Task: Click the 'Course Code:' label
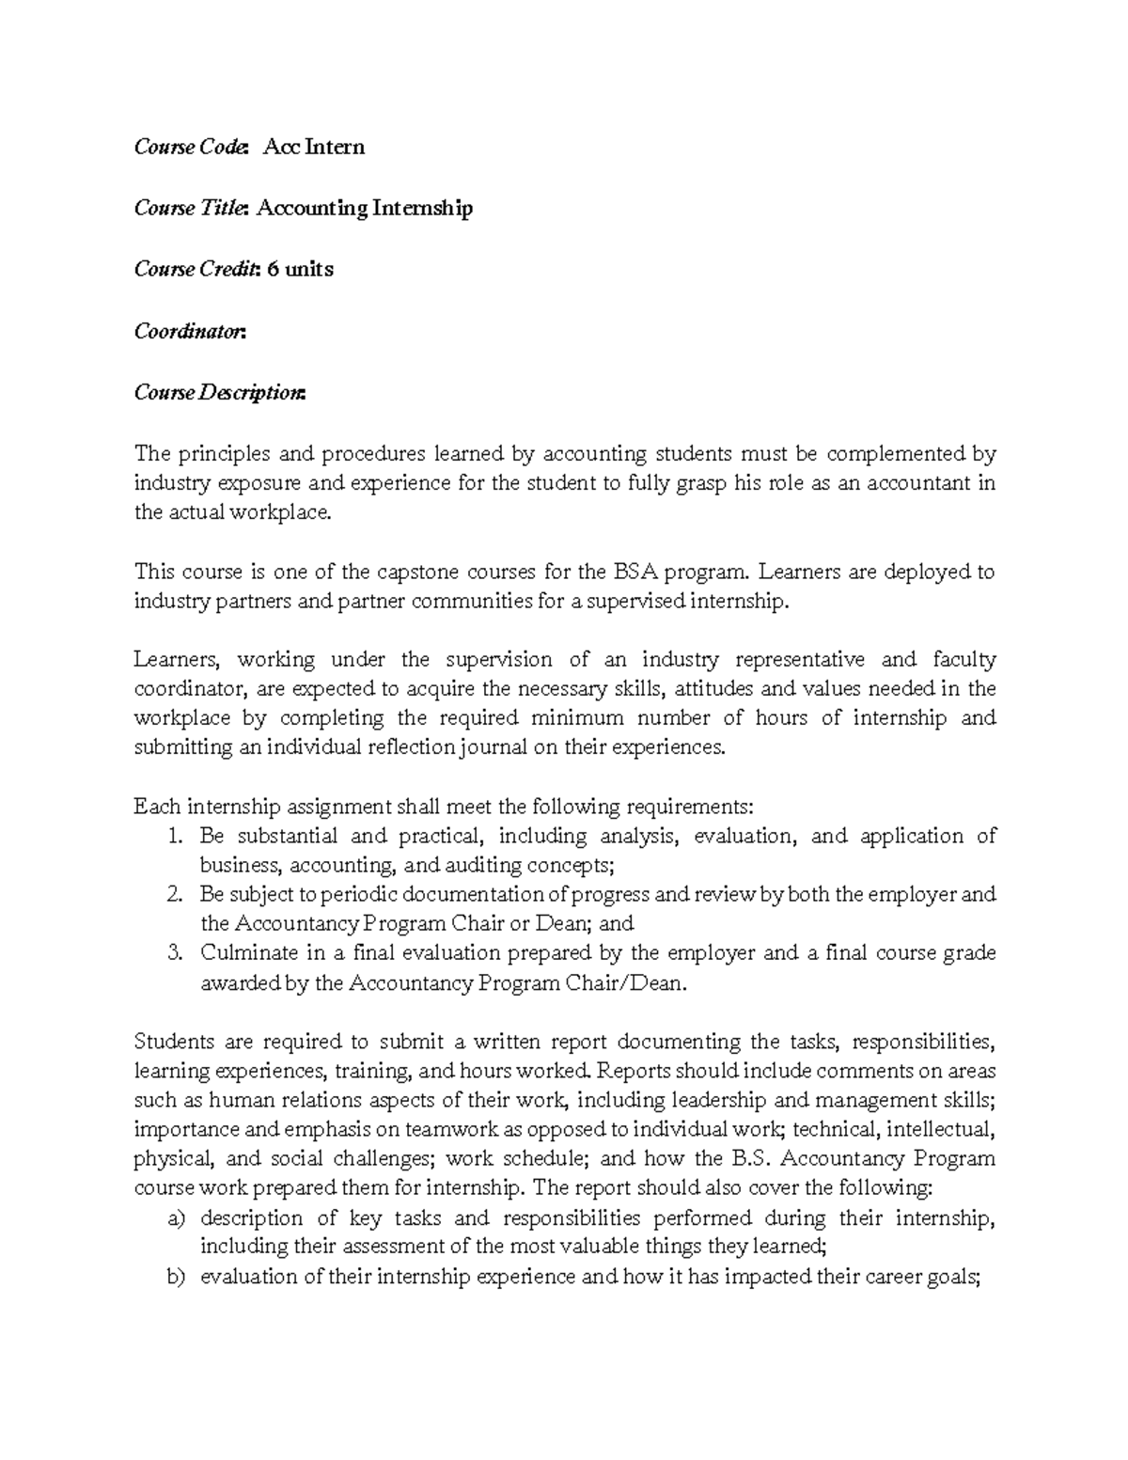click(x=192, y=147)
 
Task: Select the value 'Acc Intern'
click(x=313, y=147)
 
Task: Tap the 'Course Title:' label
click(x=192, y=208)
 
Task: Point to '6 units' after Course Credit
click(x=300, y=269)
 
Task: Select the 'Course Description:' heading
click(x=220, y=392)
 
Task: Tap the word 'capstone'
click(x=417, y=572)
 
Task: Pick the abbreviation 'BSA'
click(x=635, y=572)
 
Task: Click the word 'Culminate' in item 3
click(x=247, y=952)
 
